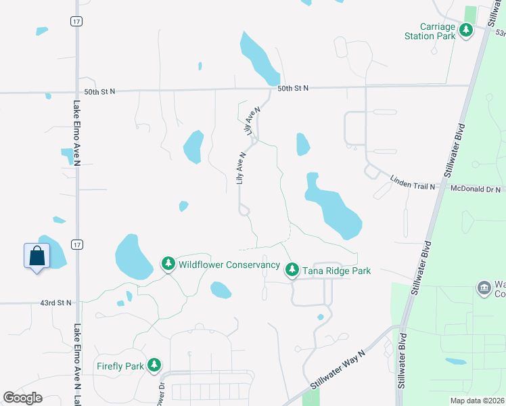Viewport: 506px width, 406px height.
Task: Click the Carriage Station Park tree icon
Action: [466, 30]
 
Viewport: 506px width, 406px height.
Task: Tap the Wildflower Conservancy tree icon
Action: [168, 263]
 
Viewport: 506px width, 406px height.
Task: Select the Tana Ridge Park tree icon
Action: [292, 270]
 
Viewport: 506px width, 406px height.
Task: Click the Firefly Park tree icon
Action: [155, 365]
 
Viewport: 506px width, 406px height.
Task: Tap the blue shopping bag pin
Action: [37, 256]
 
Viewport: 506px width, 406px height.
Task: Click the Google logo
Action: [22, 398]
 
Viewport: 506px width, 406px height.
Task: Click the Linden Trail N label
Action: [413, 182]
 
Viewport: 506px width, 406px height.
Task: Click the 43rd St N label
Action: [55, 302]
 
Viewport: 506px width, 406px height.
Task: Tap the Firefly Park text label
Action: [120, 366]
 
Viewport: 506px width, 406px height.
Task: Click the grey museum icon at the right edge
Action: [484, 288]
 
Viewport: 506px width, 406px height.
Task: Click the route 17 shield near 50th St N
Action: [76, 22]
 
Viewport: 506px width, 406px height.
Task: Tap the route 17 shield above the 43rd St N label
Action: [78, 244]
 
